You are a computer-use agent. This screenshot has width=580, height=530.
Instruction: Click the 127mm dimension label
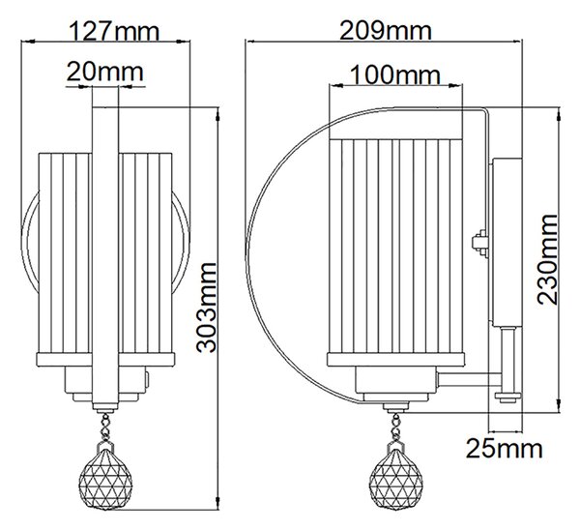(114, 32)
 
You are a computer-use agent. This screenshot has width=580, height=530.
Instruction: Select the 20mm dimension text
(105, 73)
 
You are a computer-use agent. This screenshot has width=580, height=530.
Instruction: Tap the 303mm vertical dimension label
(206, 308)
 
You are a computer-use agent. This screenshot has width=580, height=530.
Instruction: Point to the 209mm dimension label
(385, 31)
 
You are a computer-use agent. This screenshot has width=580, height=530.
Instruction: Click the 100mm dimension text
(395, 75)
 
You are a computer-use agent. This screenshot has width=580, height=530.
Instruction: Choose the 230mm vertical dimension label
(547, 259)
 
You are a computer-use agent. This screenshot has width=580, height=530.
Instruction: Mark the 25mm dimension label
(505, 449)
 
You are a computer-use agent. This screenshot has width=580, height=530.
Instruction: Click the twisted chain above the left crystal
(105, 427)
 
